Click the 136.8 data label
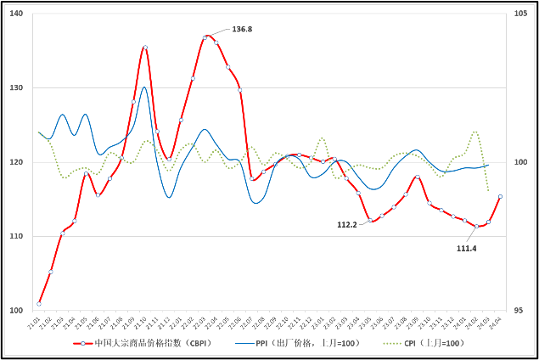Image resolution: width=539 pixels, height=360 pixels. coord(242,29)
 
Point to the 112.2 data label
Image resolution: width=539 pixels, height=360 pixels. coord(347,224)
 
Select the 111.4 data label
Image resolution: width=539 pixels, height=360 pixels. coord(466,248)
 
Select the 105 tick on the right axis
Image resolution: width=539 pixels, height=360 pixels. coord(520,14)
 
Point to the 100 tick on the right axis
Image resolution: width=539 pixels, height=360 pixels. coord(520,162)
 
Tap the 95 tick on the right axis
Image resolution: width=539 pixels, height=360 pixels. coord(519,310)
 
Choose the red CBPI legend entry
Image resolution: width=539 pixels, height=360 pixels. coord(144,343)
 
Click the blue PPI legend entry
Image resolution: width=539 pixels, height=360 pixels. coord(296,343)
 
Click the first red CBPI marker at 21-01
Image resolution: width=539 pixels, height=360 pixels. coord(39,303)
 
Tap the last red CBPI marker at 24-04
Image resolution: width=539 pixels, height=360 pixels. coord(500,196)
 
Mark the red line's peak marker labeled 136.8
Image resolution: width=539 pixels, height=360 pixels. coord(205,37)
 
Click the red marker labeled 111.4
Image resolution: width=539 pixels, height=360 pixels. coord(477,226)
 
